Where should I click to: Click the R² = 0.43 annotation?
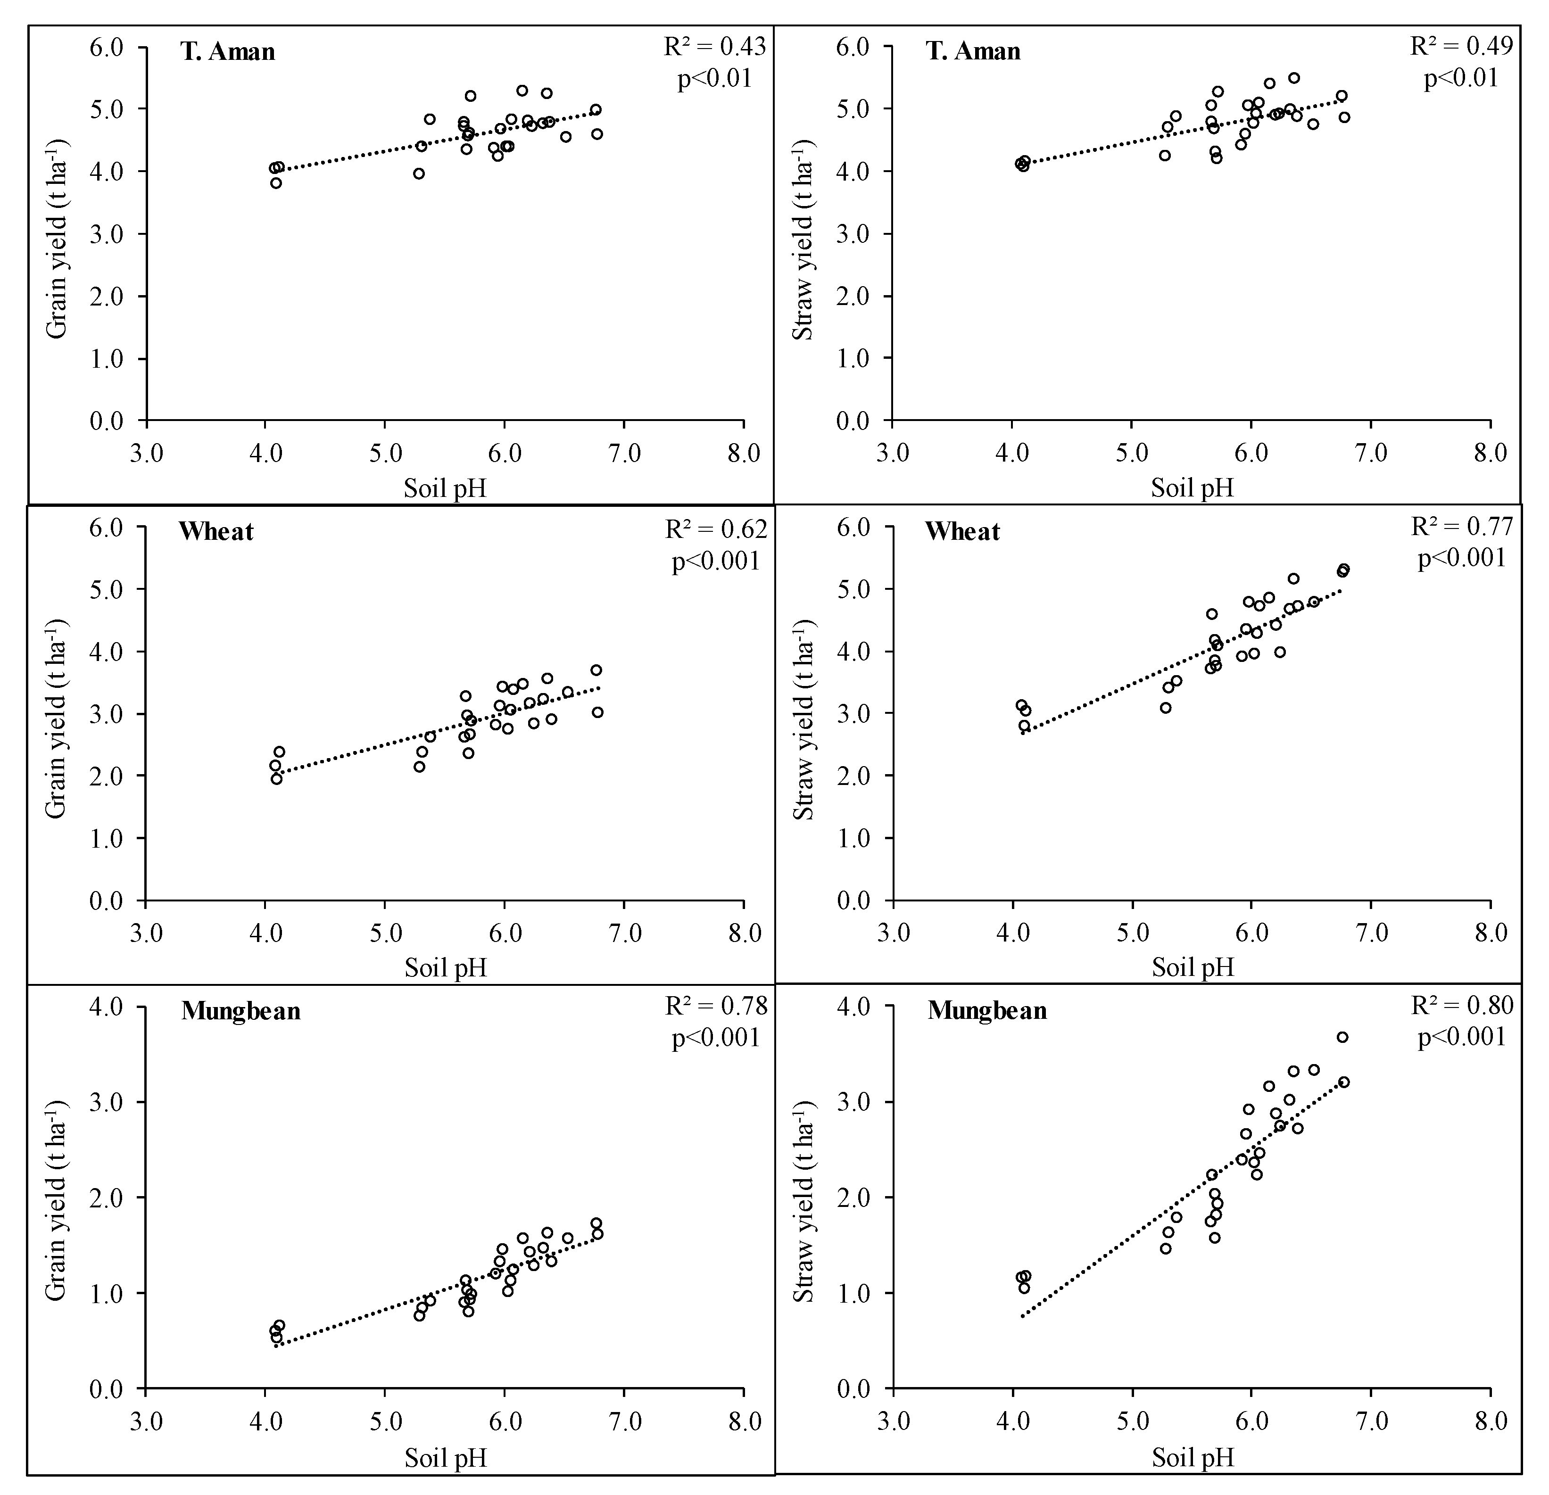click(714, 48)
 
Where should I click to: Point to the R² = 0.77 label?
click(1462, 527)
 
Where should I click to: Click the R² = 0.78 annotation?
click(716, 1006)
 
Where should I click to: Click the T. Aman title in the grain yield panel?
click(228, 52)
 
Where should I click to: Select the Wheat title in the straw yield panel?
click(962, 532)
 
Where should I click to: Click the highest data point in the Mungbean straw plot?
click(1342, 1038)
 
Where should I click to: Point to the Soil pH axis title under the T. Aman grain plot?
click(445, 488)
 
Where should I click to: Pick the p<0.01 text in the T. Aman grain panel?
click(714, 79)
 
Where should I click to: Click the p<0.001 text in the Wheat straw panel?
click(1462, 559)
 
